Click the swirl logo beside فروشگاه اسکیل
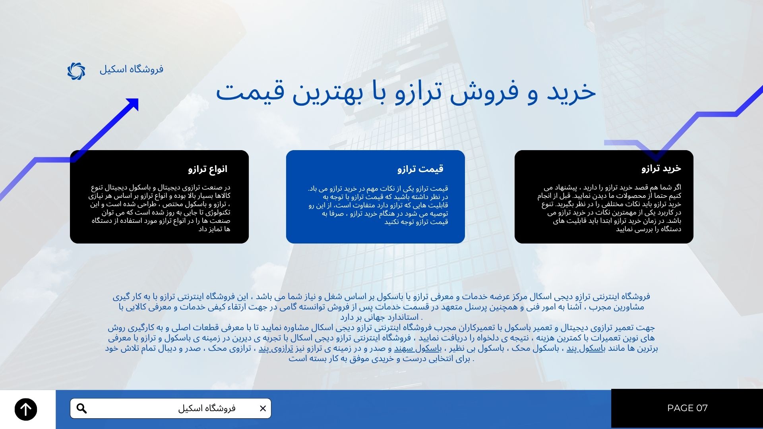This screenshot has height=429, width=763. [x=76, y=71]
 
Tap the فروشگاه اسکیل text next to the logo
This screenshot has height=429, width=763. [x=131, y=69]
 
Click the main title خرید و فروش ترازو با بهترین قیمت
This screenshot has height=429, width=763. [x=406, y=93]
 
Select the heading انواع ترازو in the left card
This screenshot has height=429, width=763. [x=208, y=169]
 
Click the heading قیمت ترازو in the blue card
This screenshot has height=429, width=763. [x=420, y=169]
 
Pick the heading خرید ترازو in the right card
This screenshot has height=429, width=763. [x=661, y=168]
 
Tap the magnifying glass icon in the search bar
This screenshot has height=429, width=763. [x=81, y=408]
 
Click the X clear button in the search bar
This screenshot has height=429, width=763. [x=263, y=408]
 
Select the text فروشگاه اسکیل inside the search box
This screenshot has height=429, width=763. [x=207, y=408]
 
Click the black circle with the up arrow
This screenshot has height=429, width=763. [x=26, y=409]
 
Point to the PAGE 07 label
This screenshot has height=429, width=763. [x=687, y=408]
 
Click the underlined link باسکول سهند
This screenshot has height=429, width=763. [x=418, y=348]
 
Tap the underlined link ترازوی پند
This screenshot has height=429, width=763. [x=276, y=348]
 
